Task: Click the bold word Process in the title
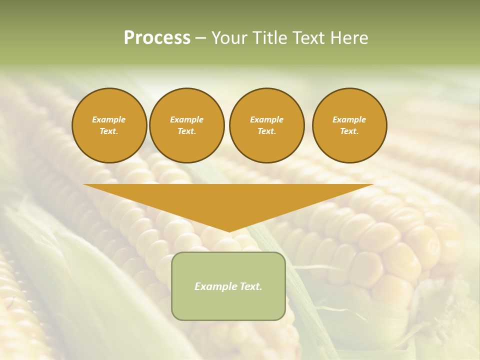157,38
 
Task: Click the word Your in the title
229,38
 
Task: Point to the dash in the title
200,38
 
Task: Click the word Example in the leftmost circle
109,119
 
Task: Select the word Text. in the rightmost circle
349,131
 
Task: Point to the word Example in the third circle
266,119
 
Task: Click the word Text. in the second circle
187,131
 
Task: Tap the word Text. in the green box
251,286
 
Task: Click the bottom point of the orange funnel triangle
229,231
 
